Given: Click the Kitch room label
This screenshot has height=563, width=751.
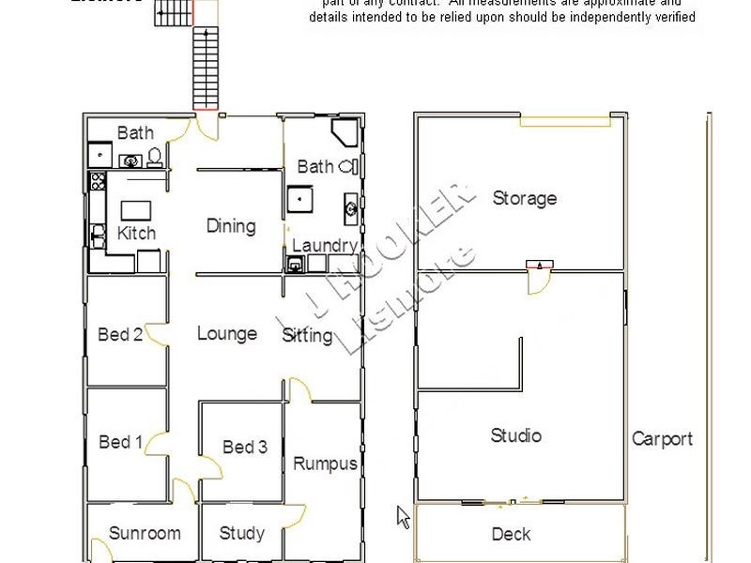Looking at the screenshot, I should (x=136, y=233).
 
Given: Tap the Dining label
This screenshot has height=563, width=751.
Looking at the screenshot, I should (x=231, y=226).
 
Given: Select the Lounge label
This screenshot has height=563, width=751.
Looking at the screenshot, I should (x=227, y=333).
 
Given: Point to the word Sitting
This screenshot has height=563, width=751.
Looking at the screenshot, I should (x=307, y=335).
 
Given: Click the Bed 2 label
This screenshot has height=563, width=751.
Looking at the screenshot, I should (x=120, y=335).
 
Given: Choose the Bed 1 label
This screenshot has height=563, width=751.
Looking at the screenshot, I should (x=121, y=442).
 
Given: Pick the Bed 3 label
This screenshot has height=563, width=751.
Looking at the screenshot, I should (x=245, y=447).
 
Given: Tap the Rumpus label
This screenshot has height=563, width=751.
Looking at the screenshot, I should (x=325, y=464).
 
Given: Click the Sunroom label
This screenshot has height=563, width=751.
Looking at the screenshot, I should (x=145, y=533).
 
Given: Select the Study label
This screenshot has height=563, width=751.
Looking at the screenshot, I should (x=241, y=533).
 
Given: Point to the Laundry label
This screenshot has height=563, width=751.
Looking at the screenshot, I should (x=324, y=246).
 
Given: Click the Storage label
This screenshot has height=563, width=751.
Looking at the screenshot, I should (x=524, y=198).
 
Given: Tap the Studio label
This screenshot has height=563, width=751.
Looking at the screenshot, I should (x=515, y=435).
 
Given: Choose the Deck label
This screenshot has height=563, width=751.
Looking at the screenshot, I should (x=511, y=534).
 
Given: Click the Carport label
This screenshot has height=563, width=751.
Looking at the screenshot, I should (x=662, y=438).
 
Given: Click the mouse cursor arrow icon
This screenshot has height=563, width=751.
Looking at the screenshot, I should (x=403, y=516).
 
